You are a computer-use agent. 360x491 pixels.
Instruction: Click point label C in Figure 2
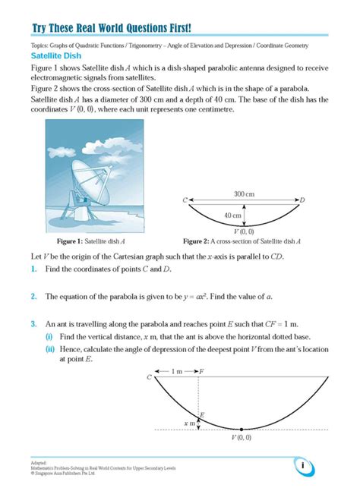coord(185,200)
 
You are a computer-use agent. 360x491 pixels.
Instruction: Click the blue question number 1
coord(33,270)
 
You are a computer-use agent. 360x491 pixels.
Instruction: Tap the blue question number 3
coord(33,323)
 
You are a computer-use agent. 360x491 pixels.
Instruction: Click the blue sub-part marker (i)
coord(49,336)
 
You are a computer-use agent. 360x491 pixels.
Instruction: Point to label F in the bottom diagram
coord(201,372)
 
